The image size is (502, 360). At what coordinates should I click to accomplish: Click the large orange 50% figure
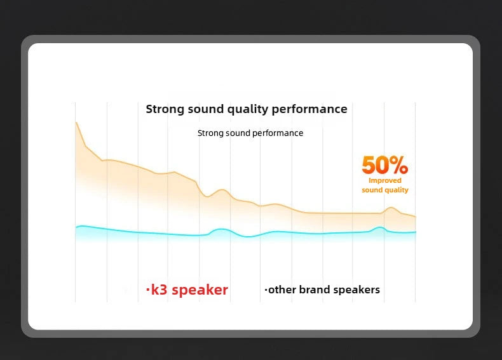(384, 165)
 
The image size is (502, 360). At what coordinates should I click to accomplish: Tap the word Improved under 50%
(385, 181)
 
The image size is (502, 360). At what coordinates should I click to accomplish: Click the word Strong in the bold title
(165, 109)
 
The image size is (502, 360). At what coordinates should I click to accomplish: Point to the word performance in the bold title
(309, 109)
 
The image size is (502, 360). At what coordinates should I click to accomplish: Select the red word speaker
(200, 290)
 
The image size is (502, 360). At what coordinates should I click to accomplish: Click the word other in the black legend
(282, 290)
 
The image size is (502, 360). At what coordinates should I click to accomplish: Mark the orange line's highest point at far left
(76, 122)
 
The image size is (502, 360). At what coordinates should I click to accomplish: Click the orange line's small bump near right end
(391, 208)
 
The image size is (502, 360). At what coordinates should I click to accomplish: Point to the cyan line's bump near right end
(379, 227)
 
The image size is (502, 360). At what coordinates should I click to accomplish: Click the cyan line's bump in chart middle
(220, 229)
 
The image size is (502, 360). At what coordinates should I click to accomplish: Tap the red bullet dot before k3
(147, 291)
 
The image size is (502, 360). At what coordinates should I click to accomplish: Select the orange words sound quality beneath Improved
(385, 190)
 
